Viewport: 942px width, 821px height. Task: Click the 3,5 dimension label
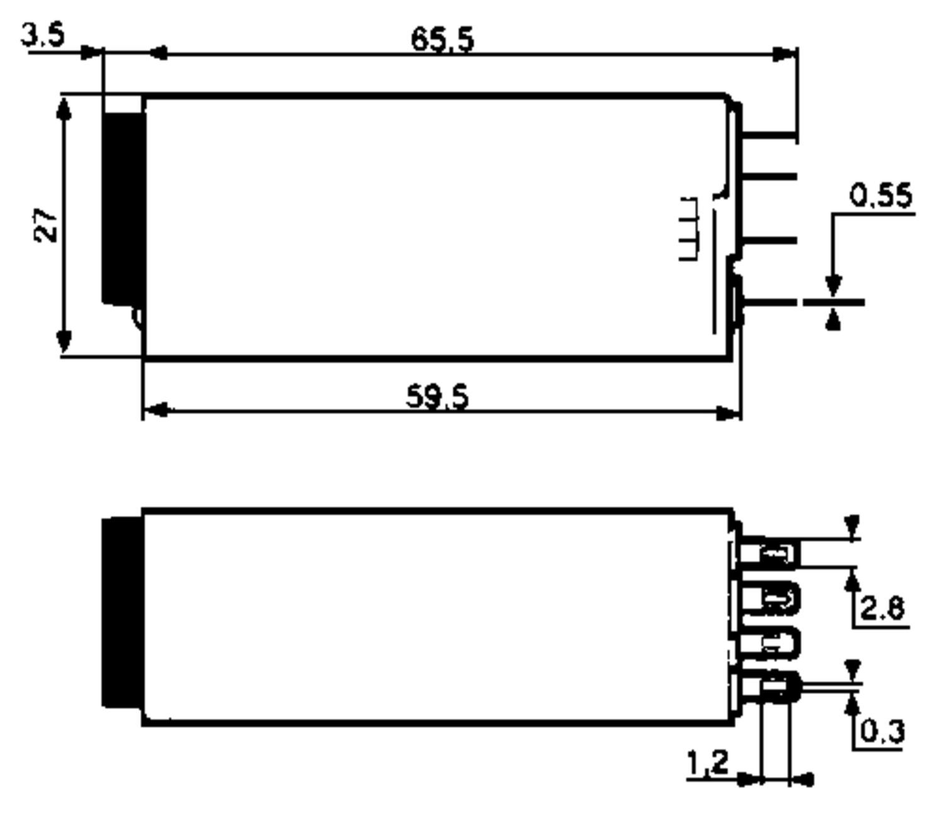click(x=43, y=35)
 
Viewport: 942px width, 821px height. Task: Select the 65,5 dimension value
click(x=442, y=40)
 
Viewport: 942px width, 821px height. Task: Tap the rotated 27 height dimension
click(x=45, y=224)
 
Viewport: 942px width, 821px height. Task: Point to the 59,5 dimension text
click(x=437, y=397)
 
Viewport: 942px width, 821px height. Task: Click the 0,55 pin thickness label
click(x=880, y=196)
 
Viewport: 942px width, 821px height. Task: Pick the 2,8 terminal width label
click(x=882, y=608)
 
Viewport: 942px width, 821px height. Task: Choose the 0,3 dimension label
click(x=882, y=731)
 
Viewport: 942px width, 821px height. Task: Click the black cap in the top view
click(x=123, y=207)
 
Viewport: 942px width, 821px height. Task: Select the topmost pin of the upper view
click(x=769, y=134)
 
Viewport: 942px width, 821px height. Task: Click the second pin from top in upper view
click(x=769, y=177)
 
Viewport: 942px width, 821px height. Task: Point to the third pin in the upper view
click(x=769, y=240)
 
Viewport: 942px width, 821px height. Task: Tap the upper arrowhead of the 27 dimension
click(x=63, y=108)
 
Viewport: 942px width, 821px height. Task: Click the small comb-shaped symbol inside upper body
click(x=689, y=228)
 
